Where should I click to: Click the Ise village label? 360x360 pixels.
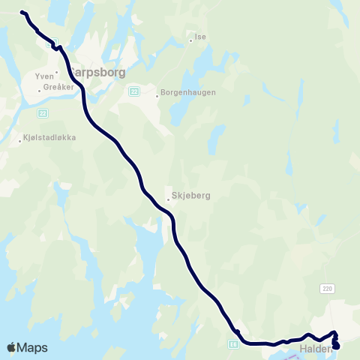200,36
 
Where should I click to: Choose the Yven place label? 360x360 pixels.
44,76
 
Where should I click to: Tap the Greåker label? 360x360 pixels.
59,87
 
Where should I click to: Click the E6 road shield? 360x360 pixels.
233,343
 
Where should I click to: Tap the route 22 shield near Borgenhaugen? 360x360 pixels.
133,91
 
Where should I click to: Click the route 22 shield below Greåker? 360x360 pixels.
42,113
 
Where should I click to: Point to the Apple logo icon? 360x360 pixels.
12,347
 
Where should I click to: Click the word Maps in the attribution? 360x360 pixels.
32,347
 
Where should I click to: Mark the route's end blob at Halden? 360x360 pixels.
335,345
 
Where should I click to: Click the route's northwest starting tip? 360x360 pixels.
22,13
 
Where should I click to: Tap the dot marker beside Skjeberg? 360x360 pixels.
168,199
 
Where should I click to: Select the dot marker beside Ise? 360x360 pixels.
191,40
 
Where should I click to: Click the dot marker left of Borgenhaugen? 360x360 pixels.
157,96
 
